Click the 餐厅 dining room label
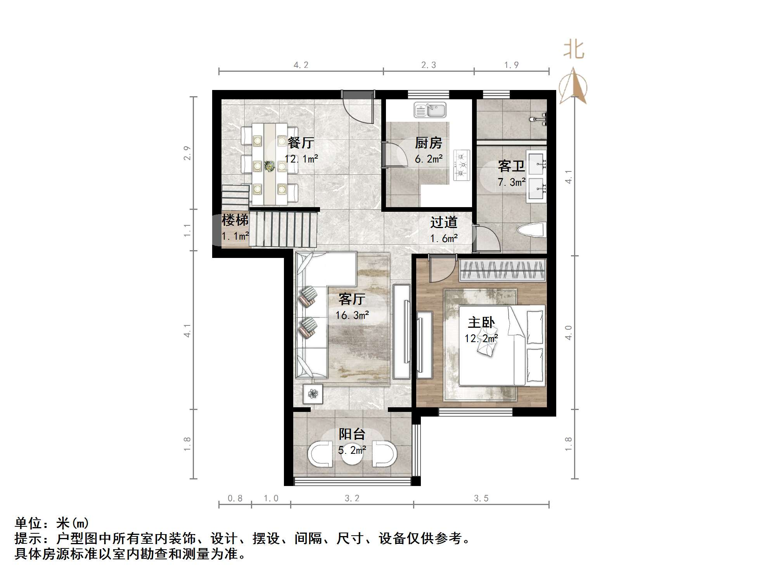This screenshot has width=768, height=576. click(301, 143)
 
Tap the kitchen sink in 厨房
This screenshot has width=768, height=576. click(430, 110)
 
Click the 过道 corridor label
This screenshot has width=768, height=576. click(444, 222)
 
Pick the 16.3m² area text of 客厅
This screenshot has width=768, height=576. click(352, 315)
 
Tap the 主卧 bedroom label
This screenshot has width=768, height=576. click(481, 322)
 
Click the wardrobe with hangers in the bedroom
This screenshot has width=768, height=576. click(502, 270)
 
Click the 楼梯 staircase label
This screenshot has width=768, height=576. click(235, 220)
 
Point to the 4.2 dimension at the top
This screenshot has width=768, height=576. click(301, 65)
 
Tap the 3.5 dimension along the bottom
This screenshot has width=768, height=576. click(481, 498)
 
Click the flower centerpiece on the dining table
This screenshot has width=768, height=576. click(269, 166)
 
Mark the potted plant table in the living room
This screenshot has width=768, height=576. click(313, 394)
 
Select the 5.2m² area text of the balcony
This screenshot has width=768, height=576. click(352, 450)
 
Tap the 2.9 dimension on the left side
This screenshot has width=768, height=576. click(187, 153)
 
